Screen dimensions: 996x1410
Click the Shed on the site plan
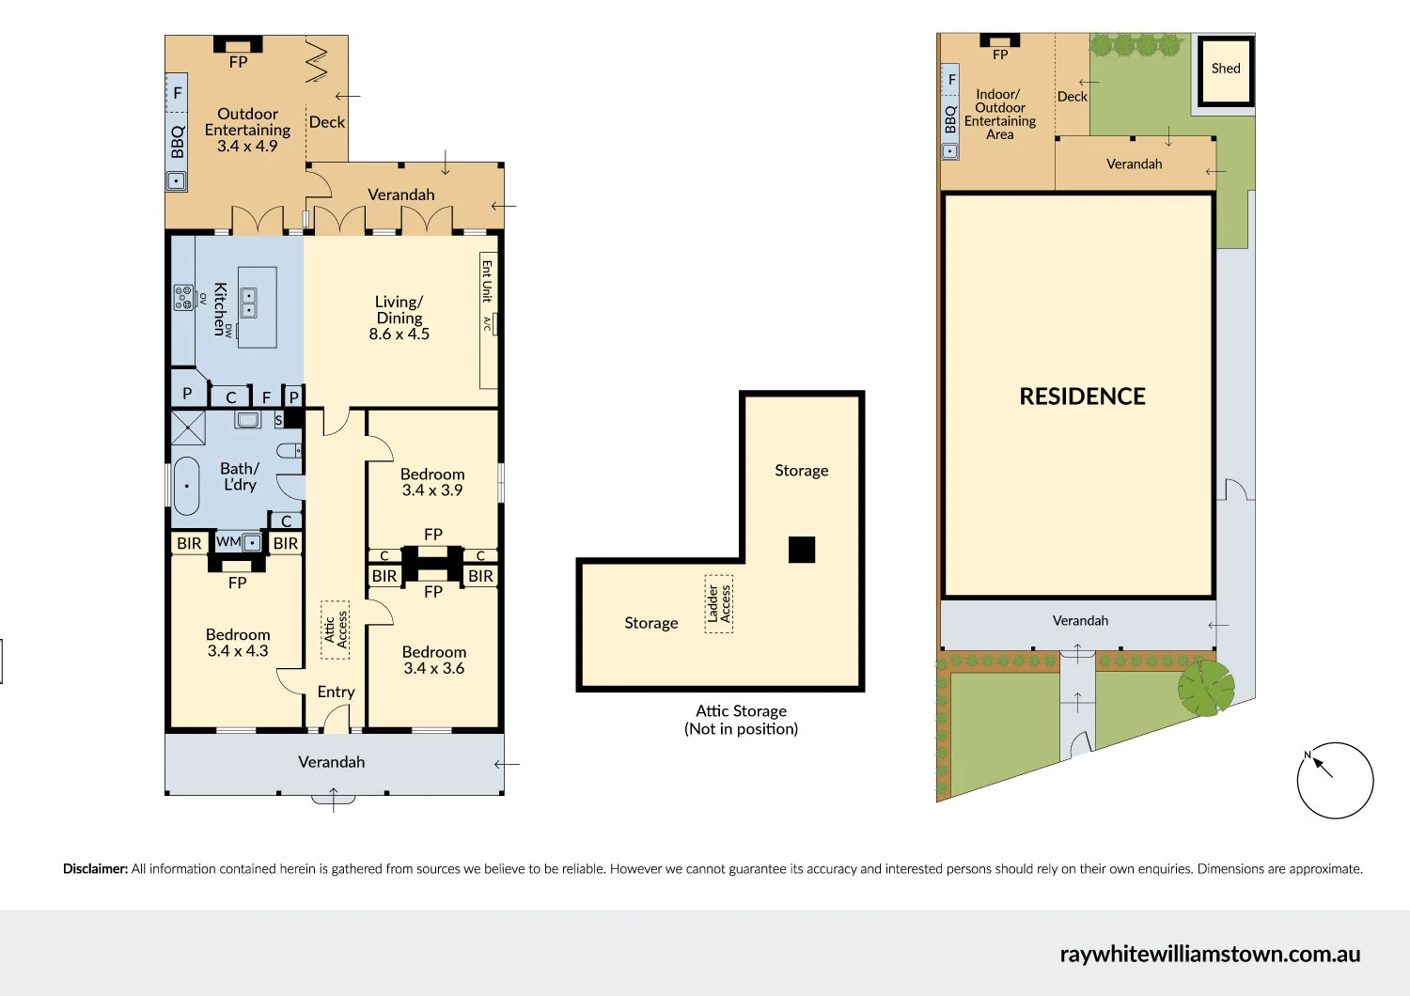tap(1225, 70)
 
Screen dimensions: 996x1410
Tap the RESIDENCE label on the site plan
tap(1082, 397)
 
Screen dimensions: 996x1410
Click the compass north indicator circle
tap(1335, 780)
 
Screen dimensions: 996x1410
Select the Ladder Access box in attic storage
tap(719, 604)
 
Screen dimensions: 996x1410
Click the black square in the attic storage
tap(802, 550)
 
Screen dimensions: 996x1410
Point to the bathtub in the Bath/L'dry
tap(187, 486)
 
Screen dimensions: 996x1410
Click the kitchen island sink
tap(249, 303)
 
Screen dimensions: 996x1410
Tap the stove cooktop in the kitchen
tap(183, 298)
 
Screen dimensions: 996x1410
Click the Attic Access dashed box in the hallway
tap(336, 630)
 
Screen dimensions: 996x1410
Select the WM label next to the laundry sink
tap(227, 542)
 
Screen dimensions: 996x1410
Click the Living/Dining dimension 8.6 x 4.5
tap(399, 335)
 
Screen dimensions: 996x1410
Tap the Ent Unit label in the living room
tap(487, 281)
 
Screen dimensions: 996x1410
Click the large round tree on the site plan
tap(1206, 687)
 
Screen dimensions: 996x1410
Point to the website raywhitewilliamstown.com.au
tap(1210, 954)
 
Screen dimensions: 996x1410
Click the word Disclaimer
tap(95, 869)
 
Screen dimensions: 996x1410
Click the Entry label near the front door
tap(336, 693)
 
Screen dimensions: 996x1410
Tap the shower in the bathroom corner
tap(188, 428)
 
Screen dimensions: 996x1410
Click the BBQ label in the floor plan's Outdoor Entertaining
tap(178, 142)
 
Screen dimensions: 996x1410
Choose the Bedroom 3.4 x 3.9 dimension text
tap(432, 490)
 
